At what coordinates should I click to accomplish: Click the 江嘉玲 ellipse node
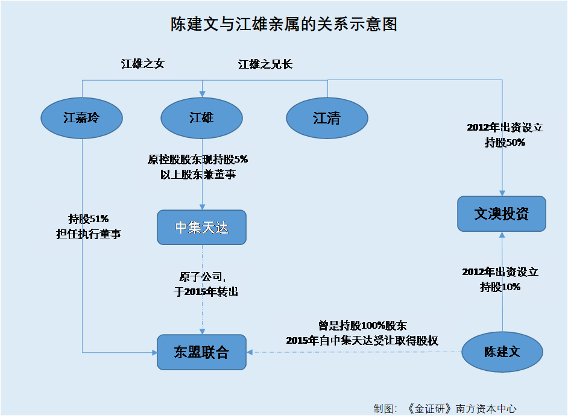pos(81,118)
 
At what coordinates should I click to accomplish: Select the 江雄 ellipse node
pos(202,118)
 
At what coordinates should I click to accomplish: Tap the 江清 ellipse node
pos(327,118)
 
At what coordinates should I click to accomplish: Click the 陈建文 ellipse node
pos(502,352)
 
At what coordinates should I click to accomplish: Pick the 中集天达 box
pos(202,227)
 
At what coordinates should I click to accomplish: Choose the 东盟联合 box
pos(202,352)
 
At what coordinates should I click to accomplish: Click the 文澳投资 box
pos(502,214)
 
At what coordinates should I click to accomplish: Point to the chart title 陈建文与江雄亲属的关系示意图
pos(284,24)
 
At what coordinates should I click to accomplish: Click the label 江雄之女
pos(143,64)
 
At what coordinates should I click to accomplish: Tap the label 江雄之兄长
pos(265,64)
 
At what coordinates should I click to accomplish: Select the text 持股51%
pos(89,219)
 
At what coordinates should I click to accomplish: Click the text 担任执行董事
pos(89,234)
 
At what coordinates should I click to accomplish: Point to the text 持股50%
pos(505,143)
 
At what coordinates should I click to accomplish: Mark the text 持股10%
pos(500,287)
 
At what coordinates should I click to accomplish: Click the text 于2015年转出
pos(206,291)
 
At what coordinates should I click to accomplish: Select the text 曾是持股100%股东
pos(362,326)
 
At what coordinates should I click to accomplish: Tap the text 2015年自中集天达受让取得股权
pos(362,340)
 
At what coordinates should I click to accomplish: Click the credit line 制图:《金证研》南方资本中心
pos(445,409)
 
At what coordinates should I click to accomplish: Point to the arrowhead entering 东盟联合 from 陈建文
pos(250,352)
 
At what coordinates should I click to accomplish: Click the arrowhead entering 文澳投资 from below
pos(502,235)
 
